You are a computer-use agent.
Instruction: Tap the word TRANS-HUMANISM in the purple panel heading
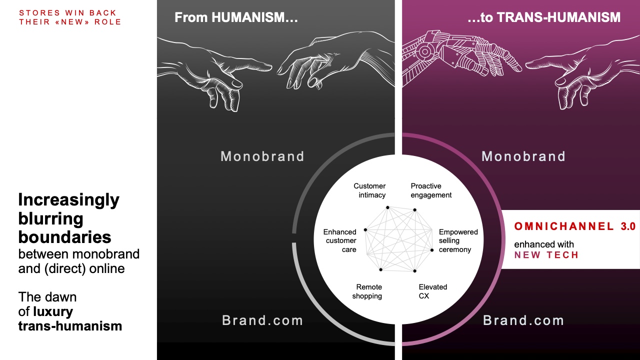tap(559, 17)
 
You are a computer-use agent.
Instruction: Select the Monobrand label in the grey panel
tap(262, 156)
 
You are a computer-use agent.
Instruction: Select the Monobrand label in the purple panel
tap(523, 156)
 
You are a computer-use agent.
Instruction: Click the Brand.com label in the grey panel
tap(262, 320)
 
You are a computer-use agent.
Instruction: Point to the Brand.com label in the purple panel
tap(523, 320)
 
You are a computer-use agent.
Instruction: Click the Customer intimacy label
tap(369, 190)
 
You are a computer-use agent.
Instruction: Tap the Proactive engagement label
tap(431, 190)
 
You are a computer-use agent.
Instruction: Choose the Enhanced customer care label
tap(340, 240)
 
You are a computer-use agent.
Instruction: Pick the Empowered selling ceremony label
tap(458, 240)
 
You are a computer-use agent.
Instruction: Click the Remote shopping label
tap(367, 291)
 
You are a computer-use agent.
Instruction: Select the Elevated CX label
tap(433, 291)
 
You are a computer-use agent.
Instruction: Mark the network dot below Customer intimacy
tap(387, 207)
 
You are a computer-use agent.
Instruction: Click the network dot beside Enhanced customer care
tap(365, 229)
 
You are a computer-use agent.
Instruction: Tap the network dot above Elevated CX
tap(414, 270)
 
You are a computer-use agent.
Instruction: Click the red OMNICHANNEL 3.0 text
tap(575, 226)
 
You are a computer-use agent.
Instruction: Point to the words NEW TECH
tap(546, 255)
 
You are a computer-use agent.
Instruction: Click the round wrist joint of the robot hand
tap(424, 52)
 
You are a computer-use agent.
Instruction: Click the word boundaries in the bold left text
tap(65, 237)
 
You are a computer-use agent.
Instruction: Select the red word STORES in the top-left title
tap(39, 13)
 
